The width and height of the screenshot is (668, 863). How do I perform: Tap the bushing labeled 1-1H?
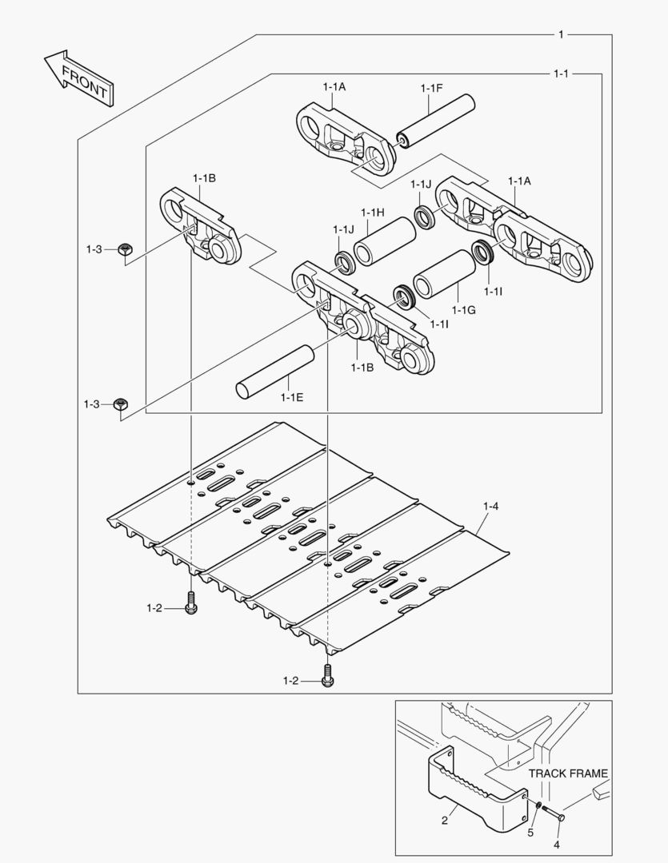[x=385, y=237]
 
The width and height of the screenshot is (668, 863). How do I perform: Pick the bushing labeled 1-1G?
[x=444, y=275]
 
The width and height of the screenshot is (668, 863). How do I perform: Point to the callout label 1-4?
[x=490, y=506]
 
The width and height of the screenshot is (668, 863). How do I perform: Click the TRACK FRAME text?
[x=568, y=774]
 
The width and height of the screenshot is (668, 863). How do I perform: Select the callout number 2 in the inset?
[x=445, y=821]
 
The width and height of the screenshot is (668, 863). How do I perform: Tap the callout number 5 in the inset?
[x=530, y=833]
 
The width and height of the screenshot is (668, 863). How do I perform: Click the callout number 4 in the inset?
[x=557, y=844]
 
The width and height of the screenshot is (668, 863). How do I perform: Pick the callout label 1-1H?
[x=373, y=212]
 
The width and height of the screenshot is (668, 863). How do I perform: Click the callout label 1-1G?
[x=463, y=309]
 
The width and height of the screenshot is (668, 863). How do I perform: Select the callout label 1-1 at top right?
[x=561, y=74]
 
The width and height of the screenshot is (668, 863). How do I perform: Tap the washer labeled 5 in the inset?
[x=538, y=805]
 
